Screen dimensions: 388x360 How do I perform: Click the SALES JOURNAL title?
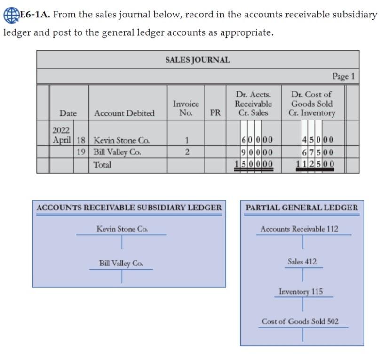(198, 60)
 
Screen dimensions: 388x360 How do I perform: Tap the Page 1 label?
(343, 76)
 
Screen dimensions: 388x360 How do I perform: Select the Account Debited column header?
(124, 113)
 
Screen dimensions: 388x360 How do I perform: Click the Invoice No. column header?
(186, 108)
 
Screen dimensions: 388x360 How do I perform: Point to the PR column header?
(215, 113)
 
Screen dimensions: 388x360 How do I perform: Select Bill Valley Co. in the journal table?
(117, 152)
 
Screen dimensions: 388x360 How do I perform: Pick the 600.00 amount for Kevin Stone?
(257, 140)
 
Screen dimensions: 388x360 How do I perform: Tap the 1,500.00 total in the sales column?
(254, 164)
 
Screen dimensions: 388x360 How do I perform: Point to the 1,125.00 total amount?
(315, 164)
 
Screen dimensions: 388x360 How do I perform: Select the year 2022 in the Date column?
(61, 130)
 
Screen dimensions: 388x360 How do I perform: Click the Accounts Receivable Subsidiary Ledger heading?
(129, 208)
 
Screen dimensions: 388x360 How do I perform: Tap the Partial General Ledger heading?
(301, 208)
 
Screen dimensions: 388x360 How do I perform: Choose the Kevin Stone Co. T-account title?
(122, 229)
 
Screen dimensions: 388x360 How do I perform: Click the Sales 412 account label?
(302, 262)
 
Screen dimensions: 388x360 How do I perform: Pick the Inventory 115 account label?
(301, 292)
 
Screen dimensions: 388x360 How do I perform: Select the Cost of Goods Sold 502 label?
(300, 321)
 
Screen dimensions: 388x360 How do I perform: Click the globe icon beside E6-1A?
(10, 15)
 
